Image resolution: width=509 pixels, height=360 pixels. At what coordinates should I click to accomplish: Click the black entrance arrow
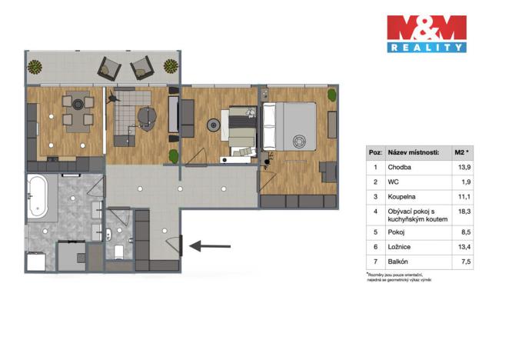(209, 246)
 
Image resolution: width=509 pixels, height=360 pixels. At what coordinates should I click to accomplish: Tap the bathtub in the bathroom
(38, 198)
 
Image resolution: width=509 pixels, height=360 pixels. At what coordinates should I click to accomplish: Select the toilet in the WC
(118, 252)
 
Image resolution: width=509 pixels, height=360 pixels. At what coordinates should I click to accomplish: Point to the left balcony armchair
(109, 69)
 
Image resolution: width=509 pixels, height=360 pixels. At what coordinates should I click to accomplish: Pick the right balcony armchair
(141, 69)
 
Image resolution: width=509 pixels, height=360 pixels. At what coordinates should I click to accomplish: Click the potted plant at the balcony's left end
(35, 67)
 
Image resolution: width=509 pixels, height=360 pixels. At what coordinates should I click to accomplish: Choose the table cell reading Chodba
(398, 168)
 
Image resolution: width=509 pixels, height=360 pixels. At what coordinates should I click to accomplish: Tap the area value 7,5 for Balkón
(462, 262)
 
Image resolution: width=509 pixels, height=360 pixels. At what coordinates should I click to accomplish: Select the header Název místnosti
(413, 152)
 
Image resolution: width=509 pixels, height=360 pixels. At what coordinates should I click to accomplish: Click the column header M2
(461, 152)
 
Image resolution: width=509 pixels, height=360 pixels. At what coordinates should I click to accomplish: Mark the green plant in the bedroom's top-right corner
(331, 95)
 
